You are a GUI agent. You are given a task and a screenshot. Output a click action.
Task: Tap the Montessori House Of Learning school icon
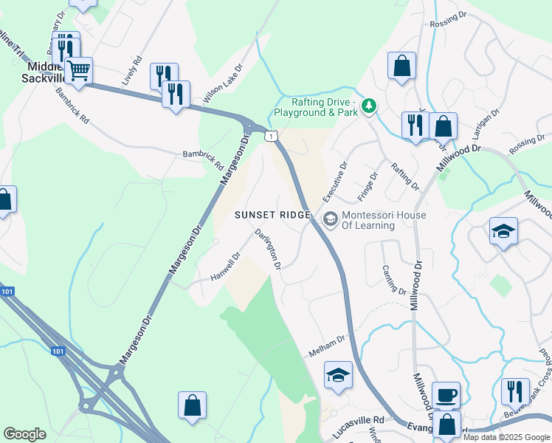tap(330, 219)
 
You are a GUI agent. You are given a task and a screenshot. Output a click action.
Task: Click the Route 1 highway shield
tap(272, 135)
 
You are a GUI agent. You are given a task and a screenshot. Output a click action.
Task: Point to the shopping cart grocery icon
tap(78, 71)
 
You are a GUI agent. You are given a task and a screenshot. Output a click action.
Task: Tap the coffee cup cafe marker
tap(446, 396)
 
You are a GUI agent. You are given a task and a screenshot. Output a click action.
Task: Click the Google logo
tap(25, 434)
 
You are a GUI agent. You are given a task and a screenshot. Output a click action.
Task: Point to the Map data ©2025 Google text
tap(506, 437)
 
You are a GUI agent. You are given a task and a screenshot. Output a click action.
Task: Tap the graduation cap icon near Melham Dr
tap(338, 375)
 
